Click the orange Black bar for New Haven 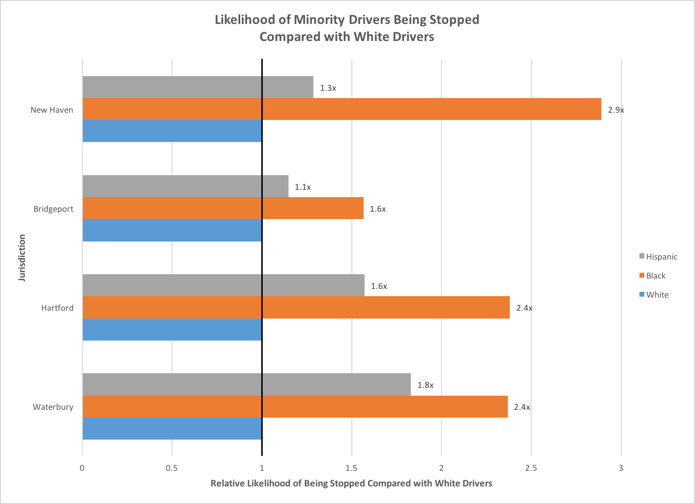(x=341, y=109)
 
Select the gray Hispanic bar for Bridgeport (x=185, y=186)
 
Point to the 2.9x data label (x=616, y=110)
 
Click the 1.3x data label (x=328, y=88)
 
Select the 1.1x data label (x=303, y=187)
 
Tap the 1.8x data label (x=425, y=385)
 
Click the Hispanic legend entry (x=661, y=257)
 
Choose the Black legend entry (x=655, y=276)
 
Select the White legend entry (x=656, y=295)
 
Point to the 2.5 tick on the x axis (x=531, y=468)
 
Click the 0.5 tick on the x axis (x=172, y=468)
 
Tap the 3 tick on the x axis (x=621, y=468)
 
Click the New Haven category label (x=52, y=110)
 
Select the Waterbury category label (x=53, y=407)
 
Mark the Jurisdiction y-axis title (x=22, y=258)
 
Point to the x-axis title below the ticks (x=351, y=484)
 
